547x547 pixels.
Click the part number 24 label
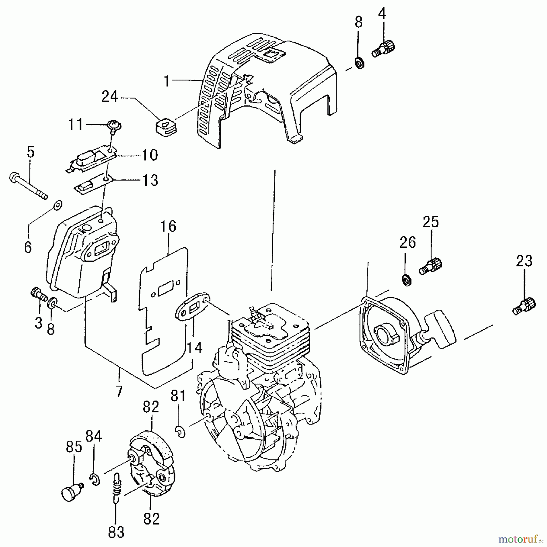pos(109,97)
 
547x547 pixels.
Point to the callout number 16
pos(168,227)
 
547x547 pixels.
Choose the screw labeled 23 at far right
pos(524,306)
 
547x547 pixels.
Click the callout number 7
pos(119,391)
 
